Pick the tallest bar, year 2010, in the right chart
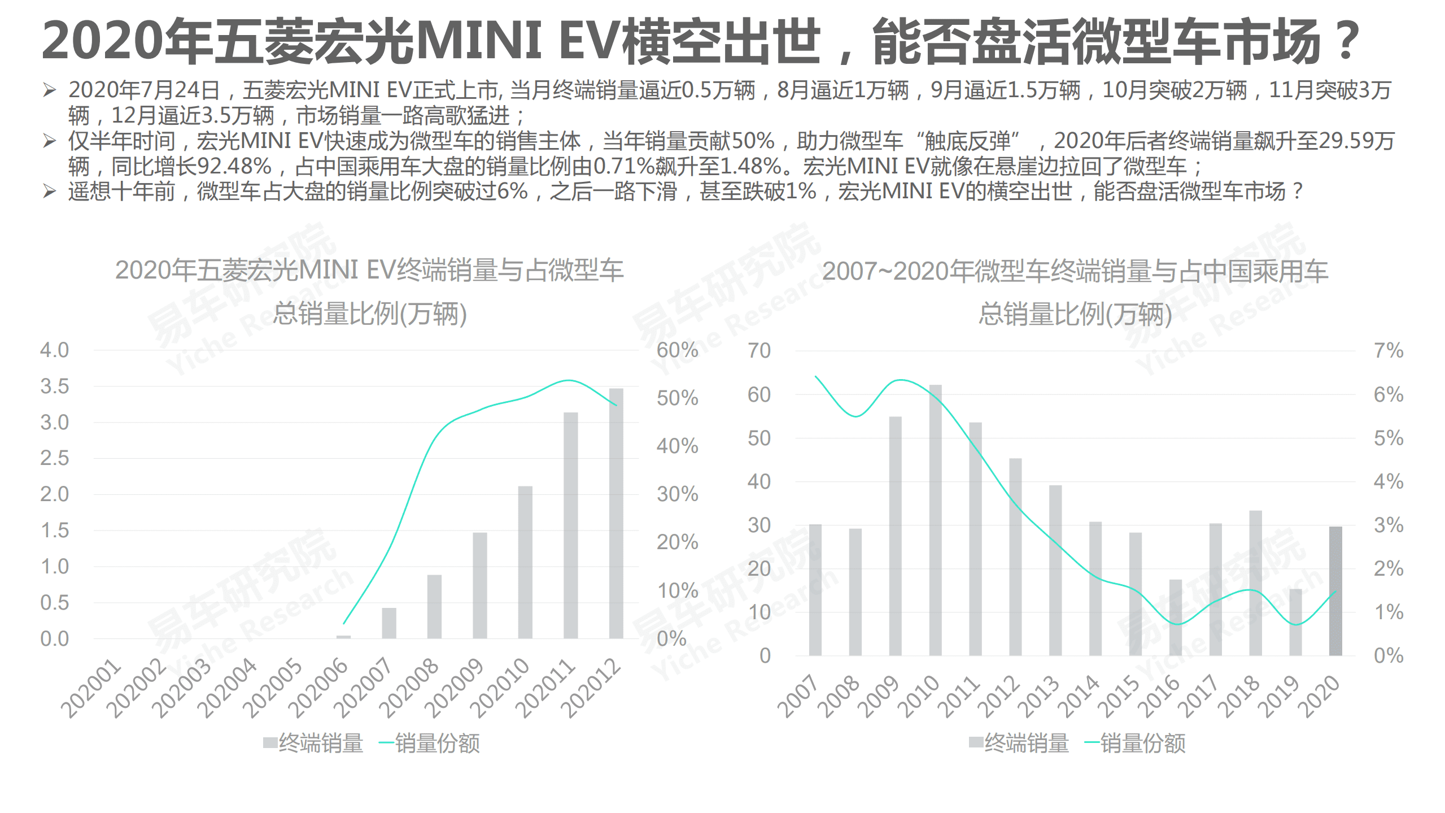(x=935, y=520)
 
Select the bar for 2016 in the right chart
(x=1175, y=617)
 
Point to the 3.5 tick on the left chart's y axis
(x=54, y=386)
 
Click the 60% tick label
(x=677, y=350)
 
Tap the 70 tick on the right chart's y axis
(x=759, y=351)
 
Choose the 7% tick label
(x=1389, y=351)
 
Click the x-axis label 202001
(x=91, y=688)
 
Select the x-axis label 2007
(x=798, y=696)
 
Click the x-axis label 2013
(x=1038, y=696)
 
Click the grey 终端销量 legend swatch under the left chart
(x=270, y=742)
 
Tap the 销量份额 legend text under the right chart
(x=1142, y=744)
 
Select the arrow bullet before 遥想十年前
(x=50, y=192)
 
